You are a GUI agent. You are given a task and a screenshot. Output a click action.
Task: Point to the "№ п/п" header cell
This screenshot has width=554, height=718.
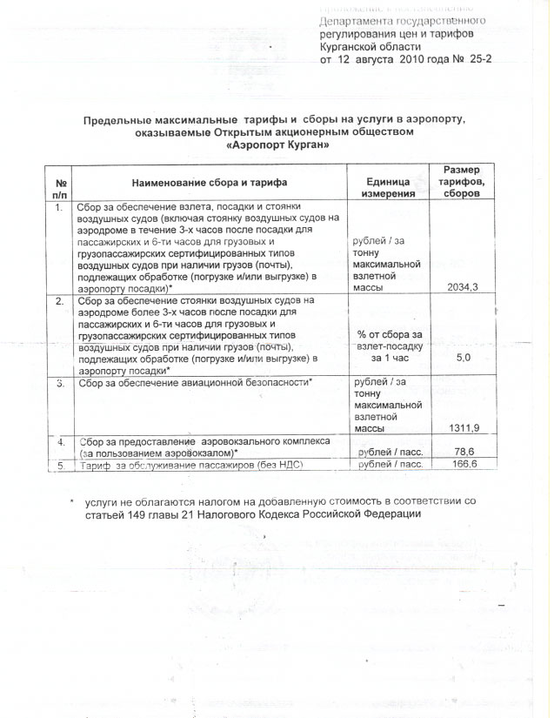(x=62, y=185)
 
